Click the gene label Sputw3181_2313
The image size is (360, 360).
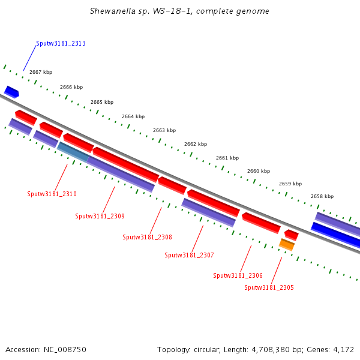coord(61,43)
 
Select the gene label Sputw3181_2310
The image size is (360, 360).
coord(52,194)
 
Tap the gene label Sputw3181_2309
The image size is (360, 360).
coord(100,216)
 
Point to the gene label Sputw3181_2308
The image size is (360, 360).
coord(147,237)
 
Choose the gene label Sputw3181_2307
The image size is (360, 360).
coord(189,255)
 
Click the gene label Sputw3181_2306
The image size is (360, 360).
coord(238,275)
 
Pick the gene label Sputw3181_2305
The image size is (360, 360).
coord(269,287)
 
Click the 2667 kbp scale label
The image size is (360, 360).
coord(41,72)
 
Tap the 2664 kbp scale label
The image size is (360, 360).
coord(133,116)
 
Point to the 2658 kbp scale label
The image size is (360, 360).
coord(322,196)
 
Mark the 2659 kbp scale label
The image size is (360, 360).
coord(290,184)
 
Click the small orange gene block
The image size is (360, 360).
coord(287,244)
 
